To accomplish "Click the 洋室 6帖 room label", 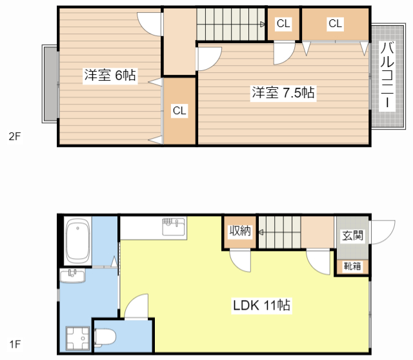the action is pyautogui.click(x=110, y=75).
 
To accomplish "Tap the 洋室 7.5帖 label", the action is pyautogui.click(x=283, y=93).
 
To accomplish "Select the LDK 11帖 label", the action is pyautogui.click(x=261, y=305).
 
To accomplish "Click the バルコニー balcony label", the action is pyautogui.click(x=387, y=75).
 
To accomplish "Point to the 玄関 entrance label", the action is pyautogui.click(x=353, y=235).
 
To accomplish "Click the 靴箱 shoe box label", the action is pyautogui.click(x=352, y=266).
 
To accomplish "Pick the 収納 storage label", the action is pyautogui.click(x=240, y=231).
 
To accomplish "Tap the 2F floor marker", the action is pyautogui.click(x=14, y=136).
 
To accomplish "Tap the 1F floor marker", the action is pyautogui.click(x=15, y=344).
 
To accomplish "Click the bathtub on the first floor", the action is pyautogui.click(x=77, y=241).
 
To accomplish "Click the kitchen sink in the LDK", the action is pyautogui.click(x=174, y=226).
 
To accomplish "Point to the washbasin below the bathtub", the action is pyautogui.click(x=72, y=275).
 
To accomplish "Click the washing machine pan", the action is pyautogui.click(x=77, y=339).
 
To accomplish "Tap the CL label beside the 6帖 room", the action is pyautogui.click(x=179, y=110).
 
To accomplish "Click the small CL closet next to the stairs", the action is pyautogui.click(x=283, y=24).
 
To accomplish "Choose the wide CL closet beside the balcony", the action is pyautogui.click(x=335, y=24).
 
